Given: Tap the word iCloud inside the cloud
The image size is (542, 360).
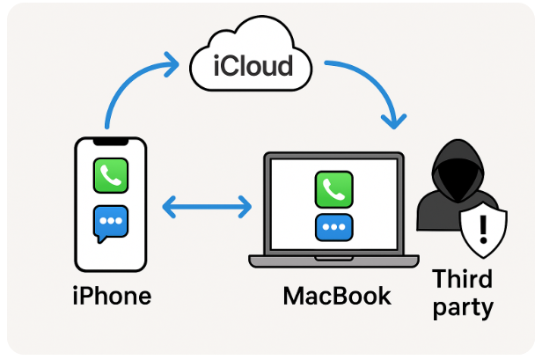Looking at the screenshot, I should [x=253, y=66].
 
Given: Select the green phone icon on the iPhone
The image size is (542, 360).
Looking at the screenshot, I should [x=111, y=175].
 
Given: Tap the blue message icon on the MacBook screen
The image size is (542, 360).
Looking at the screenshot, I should [x=333, y=226].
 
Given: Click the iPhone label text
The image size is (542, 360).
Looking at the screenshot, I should [x=111, y=296].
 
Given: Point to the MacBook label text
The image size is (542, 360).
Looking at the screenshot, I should [x=337, y=296].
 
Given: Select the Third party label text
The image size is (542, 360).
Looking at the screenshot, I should [x=462, y=294].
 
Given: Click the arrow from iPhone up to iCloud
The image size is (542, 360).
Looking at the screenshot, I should [x=128, y=84].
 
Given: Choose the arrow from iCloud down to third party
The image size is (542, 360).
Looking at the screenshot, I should [x=370, y=84].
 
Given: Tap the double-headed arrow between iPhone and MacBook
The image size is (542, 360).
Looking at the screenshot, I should [x=208, y=209].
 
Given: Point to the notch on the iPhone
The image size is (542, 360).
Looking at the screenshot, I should [x=111, y=141].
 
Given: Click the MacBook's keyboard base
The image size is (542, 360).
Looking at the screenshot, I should [x=335, y=261].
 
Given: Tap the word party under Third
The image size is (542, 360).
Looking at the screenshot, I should [x=462, y=309].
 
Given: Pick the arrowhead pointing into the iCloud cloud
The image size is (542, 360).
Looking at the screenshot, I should [x=173, y=61].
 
